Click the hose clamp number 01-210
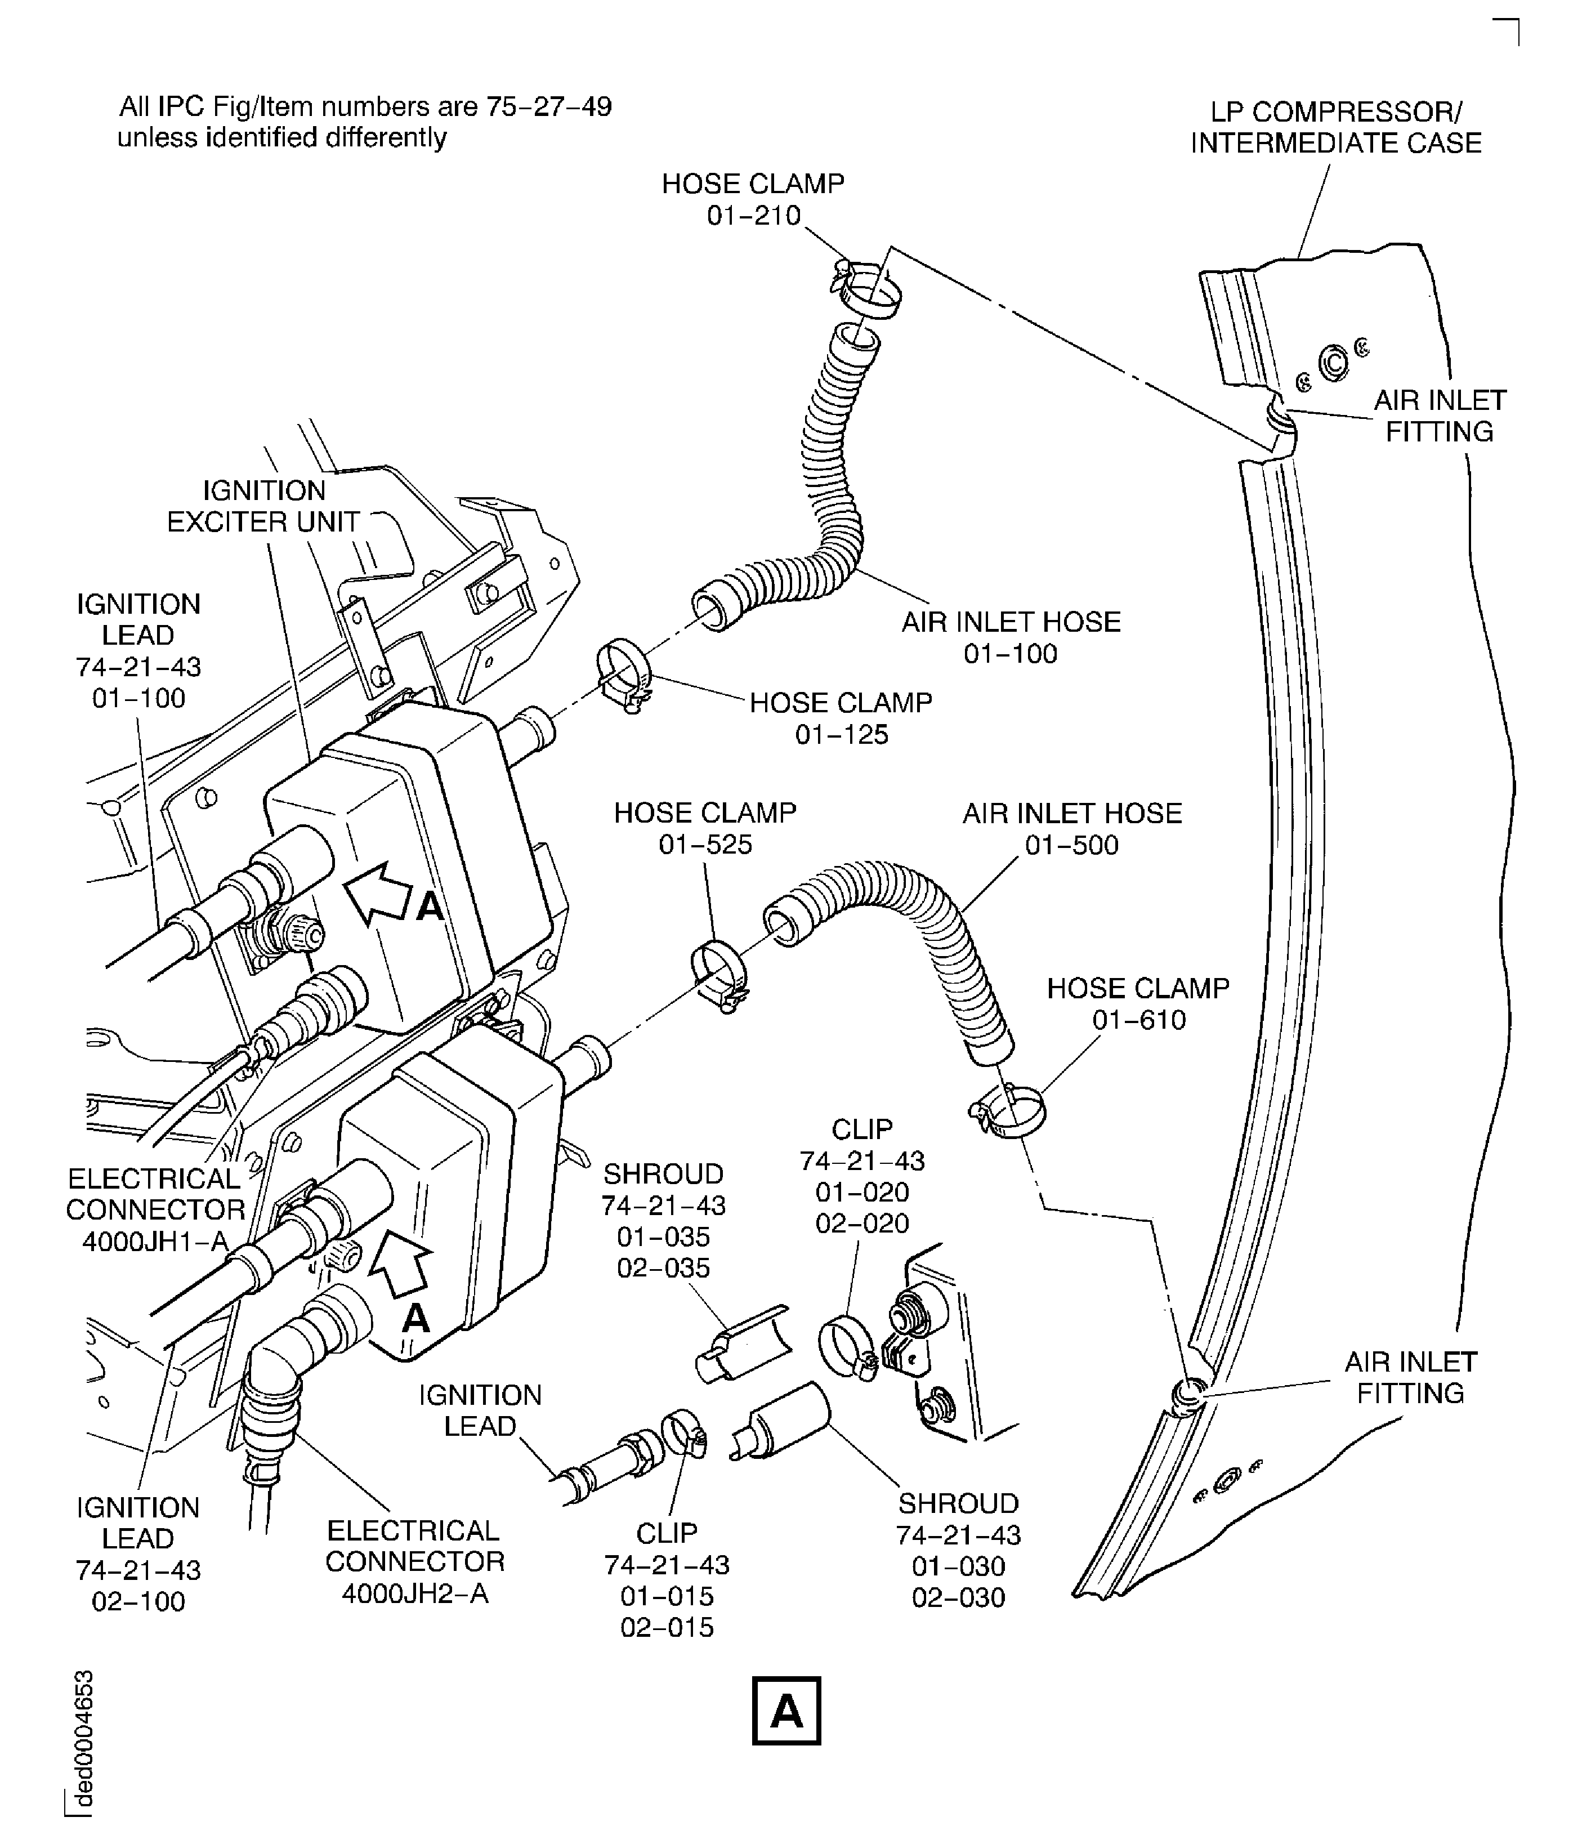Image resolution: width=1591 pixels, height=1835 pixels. click(754, 216)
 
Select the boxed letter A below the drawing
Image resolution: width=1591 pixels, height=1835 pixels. click(786, 1711)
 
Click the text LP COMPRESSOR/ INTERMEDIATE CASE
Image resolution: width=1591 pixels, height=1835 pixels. click(1335, 128)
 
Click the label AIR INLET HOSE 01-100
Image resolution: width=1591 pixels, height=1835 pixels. click(1011, 637)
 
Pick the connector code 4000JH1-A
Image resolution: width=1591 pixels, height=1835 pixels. click(155, 1241)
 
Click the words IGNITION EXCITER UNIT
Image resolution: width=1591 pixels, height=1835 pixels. click(263, 506)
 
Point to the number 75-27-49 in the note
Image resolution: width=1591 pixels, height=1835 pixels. click(548, 108)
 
